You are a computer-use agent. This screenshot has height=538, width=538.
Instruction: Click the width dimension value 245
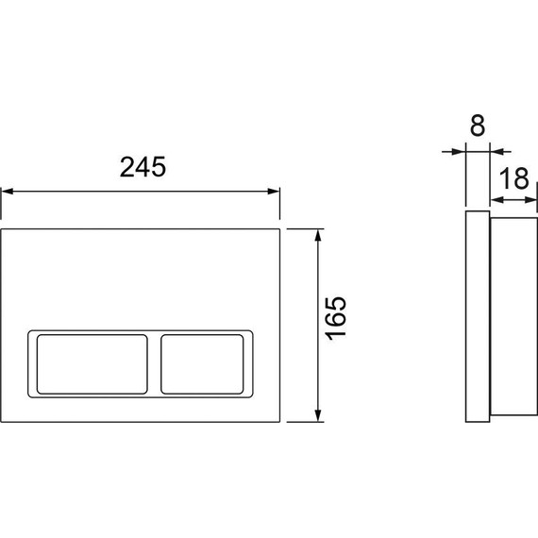(x=143, y=167)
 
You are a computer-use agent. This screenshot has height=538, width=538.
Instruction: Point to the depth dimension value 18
(x=513, y=178)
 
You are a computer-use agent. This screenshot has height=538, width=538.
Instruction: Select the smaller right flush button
(x=206, y=362)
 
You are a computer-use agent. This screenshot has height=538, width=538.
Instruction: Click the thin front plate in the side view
(x=477, y=316)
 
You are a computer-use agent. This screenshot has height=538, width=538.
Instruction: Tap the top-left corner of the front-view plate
(x=2, y=229)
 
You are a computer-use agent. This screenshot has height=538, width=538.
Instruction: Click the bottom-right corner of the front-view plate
(x=280, y=421)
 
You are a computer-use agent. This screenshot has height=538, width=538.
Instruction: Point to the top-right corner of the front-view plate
(x=280, y=229)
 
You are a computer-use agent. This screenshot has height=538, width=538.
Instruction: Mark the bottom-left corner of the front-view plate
(x=2, y=421)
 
